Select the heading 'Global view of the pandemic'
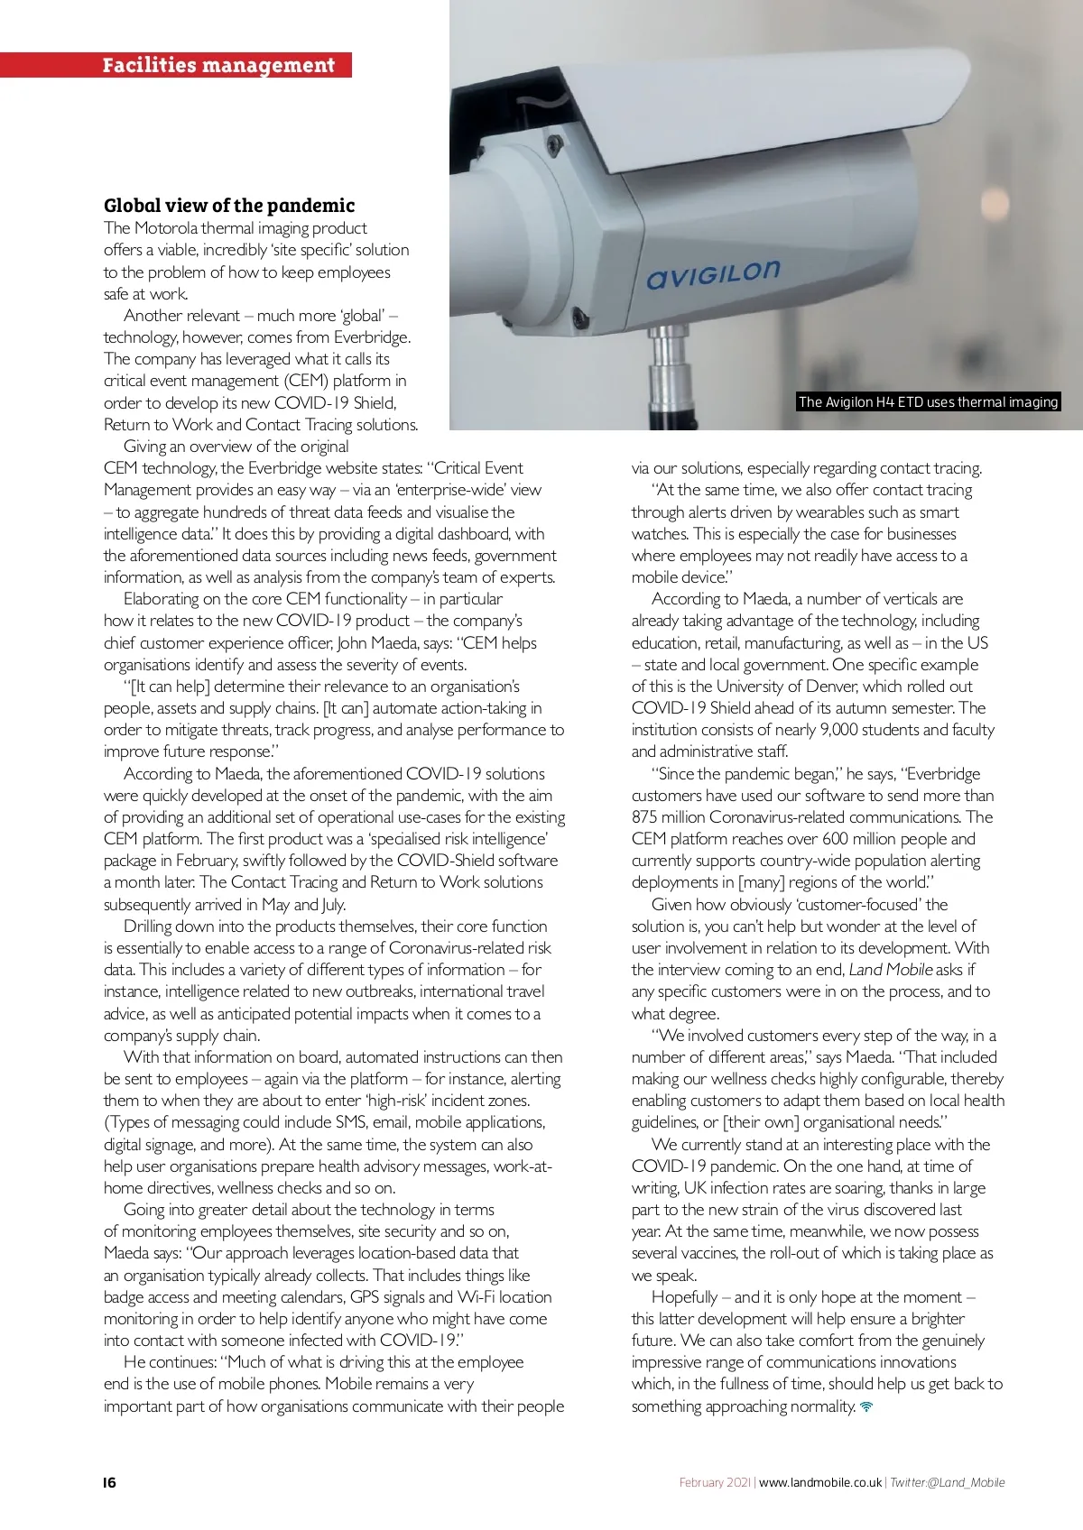[x=229, y=205]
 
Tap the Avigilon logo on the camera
[x=713, y=274]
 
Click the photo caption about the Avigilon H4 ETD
[x=928, y=402]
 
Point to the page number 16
[x=109, y=1482]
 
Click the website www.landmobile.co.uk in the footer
[x=819, y=1482]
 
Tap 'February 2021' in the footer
[x=714, y=1482]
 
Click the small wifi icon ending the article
[x=866, y=1406]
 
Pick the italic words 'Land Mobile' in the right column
[x=890, y=970]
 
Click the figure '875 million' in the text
[x=668, y=817]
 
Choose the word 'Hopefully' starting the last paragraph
[x=684, y=1297]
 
